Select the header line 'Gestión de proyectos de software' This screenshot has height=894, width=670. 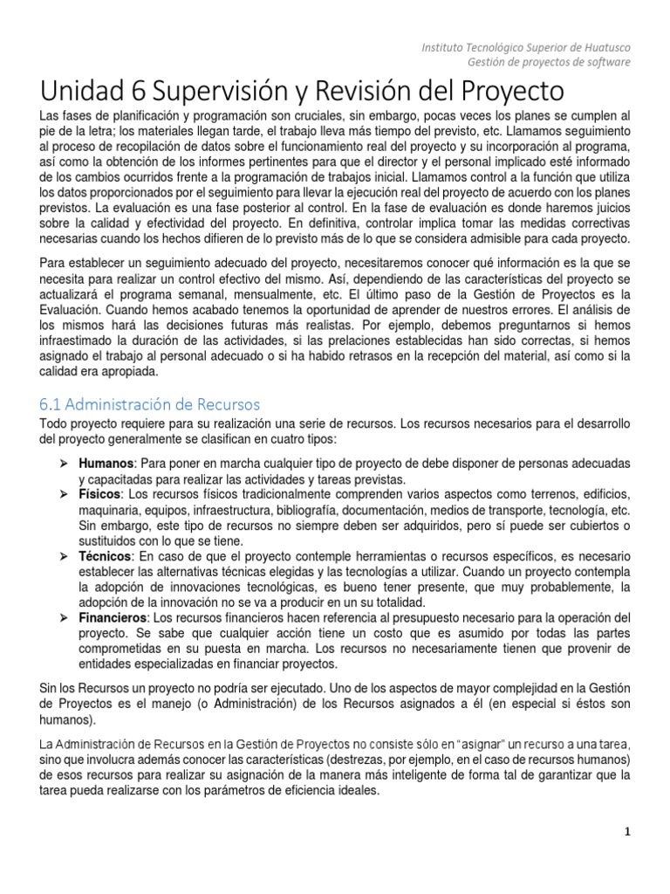point(549,62)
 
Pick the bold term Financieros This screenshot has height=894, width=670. point(111,617)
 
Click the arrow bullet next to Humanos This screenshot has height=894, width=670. point(65,462)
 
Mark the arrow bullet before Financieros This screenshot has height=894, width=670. point(65,617)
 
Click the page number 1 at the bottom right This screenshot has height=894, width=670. point(626,832)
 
